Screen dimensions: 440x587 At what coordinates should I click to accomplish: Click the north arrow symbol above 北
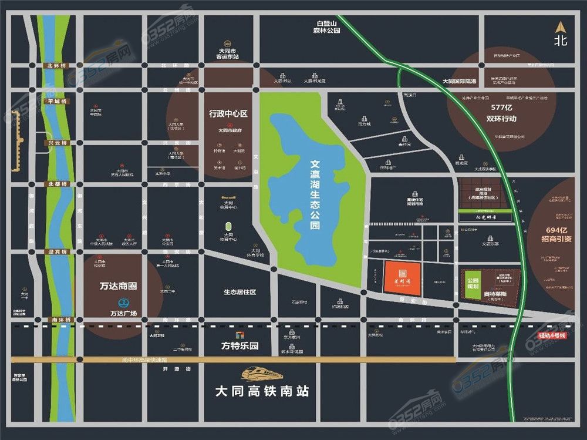click(561, 27)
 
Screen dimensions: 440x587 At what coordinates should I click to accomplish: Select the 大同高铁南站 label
click(262, 390)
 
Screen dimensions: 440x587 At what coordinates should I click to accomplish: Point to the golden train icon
click(262, 372)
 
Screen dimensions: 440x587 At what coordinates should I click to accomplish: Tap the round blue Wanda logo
click(124, 303)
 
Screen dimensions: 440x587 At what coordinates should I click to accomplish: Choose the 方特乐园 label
click(239, 345)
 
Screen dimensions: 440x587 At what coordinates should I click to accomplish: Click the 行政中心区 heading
click(229, 113)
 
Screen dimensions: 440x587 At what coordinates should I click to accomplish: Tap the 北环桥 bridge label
click(58, 66)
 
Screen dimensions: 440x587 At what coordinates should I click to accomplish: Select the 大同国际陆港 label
click(459, 81)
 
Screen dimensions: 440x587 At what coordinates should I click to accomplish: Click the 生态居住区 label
click(239, 292)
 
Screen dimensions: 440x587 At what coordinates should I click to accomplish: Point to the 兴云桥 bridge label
click(58, 143)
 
